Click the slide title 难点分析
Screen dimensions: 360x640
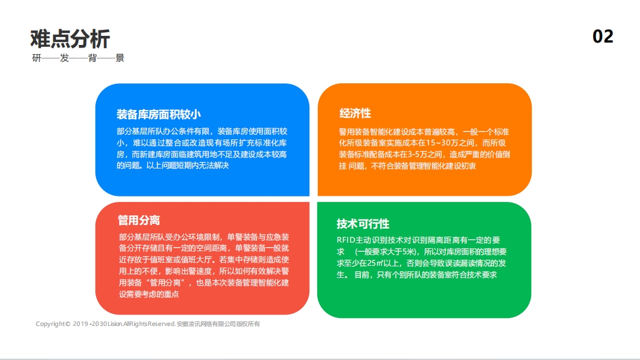pyautogui.click(x=70, y=39)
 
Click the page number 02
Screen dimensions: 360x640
pyautogui.click(x=603, y=36)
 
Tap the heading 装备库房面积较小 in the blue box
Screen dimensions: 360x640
pyautogui.click(x=159, y=114)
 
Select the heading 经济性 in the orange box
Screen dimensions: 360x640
pyautogui.click(x=355, y=114)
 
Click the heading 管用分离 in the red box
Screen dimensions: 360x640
pyautogui.click(x=139, y=220)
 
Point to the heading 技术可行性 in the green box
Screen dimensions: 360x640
pyautogui.click(x=363, y=223)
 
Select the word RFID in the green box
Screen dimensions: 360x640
pyautogui.click(x=346, y=240)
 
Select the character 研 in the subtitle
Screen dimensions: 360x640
pyautogui.click(x=37, y=58)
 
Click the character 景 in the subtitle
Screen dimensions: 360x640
pyautogui.click(x=120, y=58)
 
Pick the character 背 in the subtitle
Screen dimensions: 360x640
pyautogui.click(x=92, y=58)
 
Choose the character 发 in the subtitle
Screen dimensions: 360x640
pyautogui.click(x=64, y=58)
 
